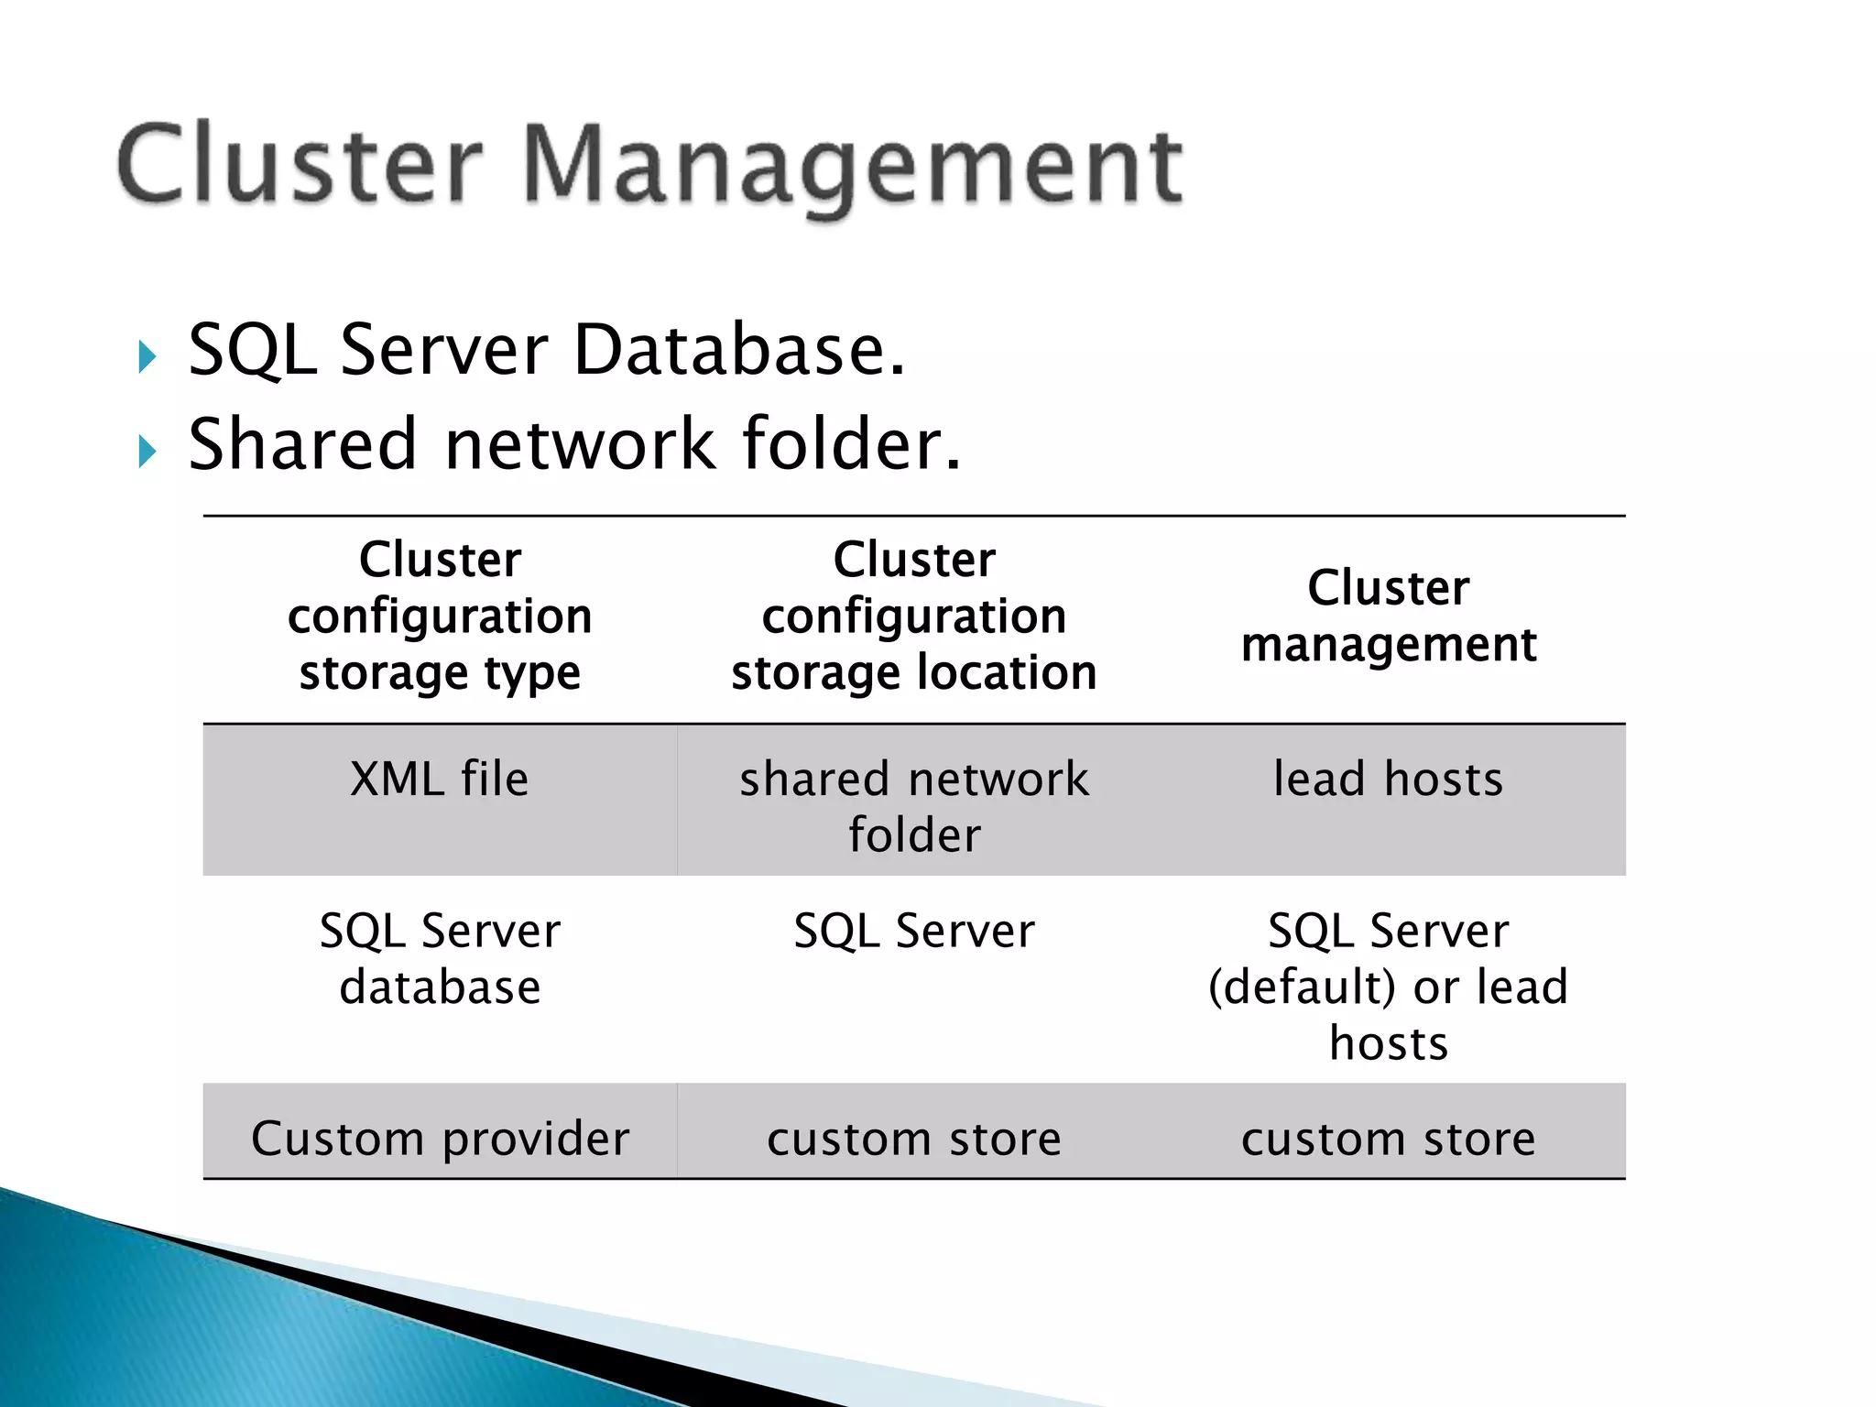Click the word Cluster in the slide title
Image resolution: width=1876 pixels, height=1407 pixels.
point(300,165)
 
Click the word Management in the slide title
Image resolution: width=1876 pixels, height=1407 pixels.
point(853,168)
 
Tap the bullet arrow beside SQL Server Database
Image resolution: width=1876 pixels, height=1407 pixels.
point(147,356)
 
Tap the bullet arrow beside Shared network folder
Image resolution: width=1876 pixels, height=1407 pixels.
point(147,451)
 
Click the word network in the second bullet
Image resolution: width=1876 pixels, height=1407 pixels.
point(579,444)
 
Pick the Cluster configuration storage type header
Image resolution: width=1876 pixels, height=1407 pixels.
point(440,616)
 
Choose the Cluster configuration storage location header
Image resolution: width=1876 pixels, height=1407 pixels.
point(913,616)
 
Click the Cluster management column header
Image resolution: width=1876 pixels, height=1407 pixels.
point(1388,616)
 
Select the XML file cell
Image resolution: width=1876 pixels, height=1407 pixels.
point(440,780)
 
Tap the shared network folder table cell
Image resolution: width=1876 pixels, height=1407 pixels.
point(913,806)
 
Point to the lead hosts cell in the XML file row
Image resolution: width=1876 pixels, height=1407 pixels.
point(1388,780)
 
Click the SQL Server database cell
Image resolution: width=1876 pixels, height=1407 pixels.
point(440,959)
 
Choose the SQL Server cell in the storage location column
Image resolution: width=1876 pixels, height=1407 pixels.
point(913,932)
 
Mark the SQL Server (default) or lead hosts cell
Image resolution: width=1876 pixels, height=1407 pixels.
point(1388,987)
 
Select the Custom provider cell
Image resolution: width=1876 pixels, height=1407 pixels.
point(440,1139)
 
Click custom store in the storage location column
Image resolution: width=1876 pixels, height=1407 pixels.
point(913,1139)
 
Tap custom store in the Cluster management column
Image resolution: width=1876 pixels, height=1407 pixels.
point(1388,1139)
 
